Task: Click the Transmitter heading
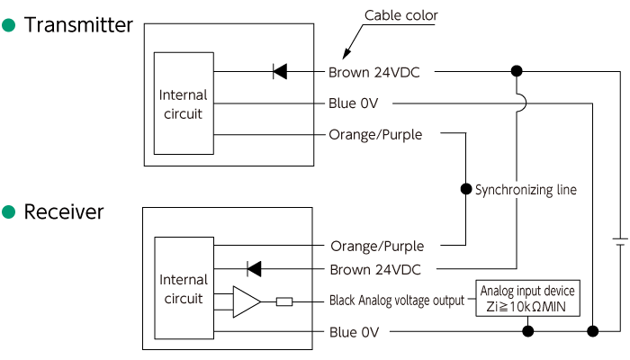78,25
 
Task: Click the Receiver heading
64,212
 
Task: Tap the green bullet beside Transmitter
9,25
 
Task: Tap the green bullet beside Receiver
9,212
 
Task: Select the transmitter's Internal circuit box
183,103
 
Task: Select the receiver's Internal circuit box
183,288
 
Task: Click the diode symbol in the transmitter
279,71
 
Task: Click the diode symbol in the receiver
254,268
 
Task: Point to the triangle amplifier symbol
246,301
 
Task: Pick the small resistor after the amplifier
284,301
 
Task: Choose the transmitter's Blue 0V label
354,103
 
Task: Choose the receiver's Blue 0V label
354,332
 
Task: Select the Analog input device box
527,299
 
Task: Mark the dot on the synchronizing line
465,190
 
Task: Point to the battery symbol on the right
618,242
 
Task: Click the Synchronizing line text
526,190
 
